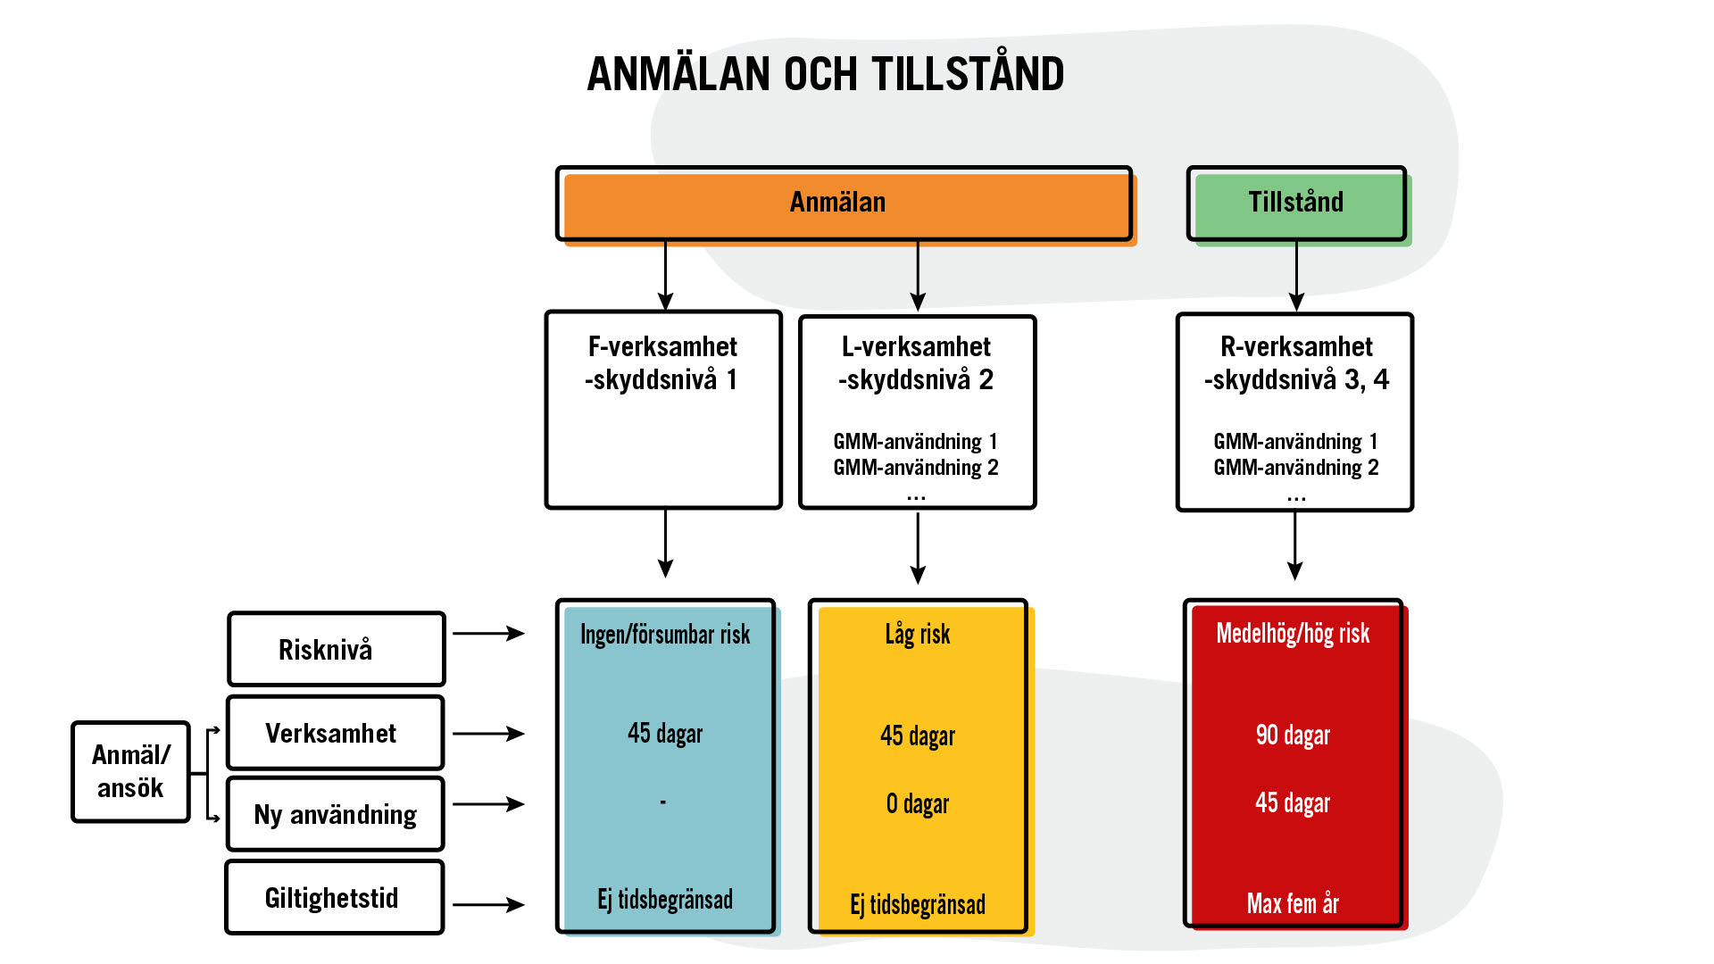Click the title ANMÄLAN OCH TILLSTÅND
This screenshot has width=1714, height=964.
[x=825, y=74]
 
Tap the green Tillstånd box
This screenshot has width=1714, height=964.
[x=1296, y=203]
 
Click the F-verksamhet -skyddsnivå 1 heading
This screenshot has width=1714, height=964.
[x=662, y=363]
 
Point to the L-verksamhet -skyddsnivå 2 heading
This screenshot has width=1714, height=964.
[x=916, y=363]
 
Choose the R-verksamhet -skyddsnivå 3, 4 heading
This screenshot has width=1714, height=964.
[x=1296, y=363]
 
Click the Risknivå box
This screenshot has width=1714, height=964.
[x=336, y=649]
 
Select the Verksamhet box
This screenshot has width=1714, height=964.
[x=335, y=733]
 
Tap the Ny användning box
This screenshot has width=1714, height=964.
[x=335, y=814]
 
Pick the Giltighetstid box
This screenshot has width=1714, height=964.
[x=334, y=897]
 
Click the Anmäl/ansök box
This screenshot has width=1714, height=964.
[x=130, y=771]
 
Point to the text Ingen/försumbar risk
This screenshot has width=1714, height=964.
[x=665, y=635]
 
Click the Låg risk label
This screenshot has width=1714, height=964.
[x=918, y=635]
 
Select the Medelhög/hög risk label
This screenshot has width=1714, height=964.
[x=1293, y=634]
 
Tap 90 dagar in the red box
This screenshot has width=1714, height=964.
[x=1293, y=735]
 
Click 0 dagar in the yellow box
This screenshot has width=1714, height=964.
[x=918, y=804]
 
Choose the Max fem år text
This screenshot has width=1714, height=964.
[x=1293, y=903]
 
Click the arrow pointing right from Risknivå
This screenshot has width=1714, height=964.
[x=488, y=634]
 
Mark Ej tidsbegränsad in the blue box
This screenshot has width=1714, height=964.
[x=665, y=899]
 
